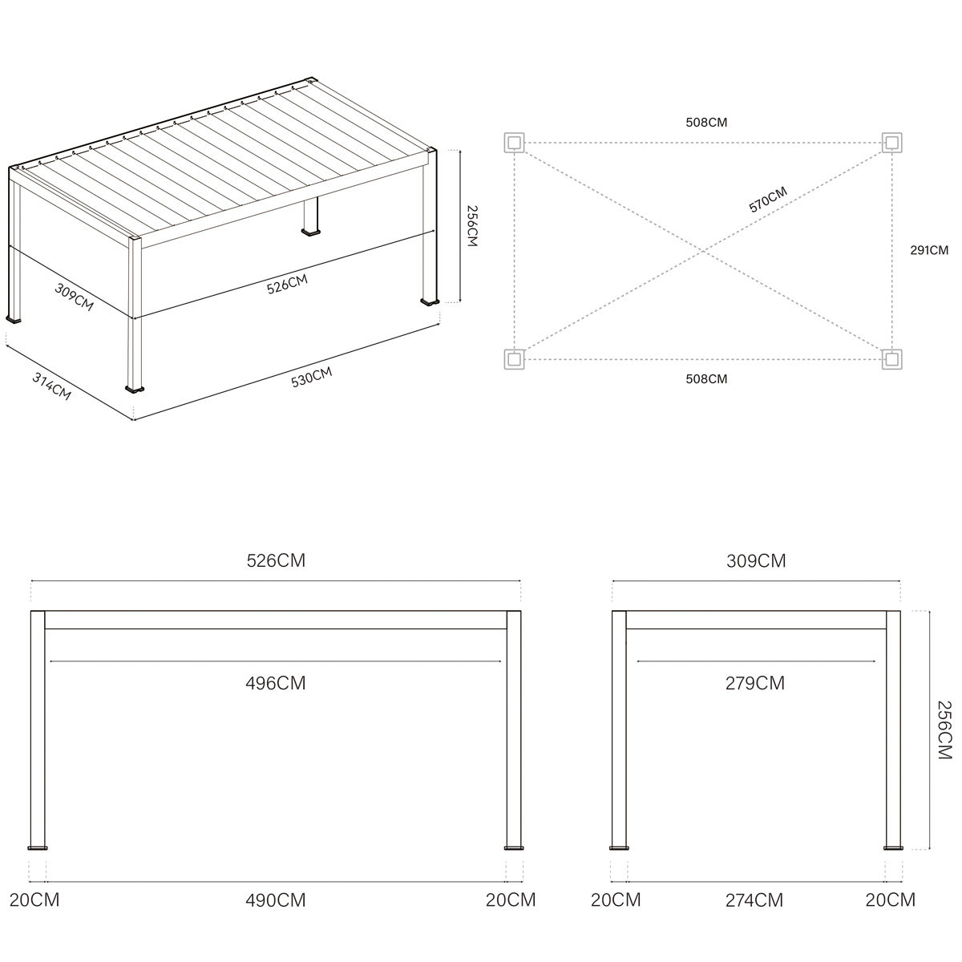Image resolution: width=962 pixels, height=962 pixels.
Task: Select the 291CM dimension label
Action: click(x=928, y=250)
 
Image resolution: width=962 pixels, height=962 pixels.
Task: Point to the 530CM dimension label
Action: click(x=311, y=377)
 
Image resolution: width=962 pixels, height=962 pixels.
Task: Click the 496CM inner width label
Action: click(x=275, y=683)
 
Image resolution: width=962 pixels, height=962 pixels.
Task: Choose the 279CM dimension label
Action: click(x=754, y=683)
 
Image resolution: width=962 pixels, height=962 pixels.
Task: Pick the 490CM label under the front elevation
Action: click(x=275, y=899)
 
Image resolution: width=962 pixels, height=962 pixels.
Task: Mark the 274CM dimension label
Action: click(x=754, y=899)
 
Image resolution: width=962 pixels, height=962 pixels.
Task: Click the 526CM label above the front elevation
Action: click(x=275, y=560)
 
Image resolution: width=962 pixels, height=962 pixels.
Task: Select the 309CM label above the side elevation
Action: click(x=756, y=560)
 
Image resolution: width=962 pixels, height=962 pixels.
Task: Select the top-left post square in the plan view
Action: click(x=514, y=143)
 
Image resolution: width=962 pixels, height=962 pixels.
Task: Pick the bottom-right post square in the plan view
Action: click(x=891, y=359)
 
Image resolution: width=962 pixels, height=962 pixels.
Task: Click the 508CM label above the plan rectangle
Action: click(x=706, y=123)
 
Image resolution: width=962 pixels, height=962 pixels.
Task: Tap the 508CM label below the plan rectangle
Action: click(x=706, y=378)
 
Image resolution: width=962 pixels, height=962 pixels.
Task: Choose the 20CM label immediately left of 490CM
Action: click(x=34, y=899)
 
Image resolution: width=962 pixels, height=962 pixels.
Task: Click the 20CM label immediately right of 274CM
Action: click(x=890, y=899)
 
